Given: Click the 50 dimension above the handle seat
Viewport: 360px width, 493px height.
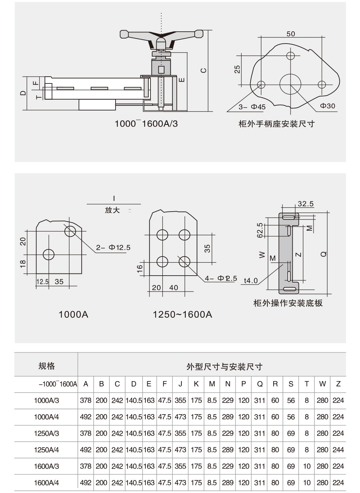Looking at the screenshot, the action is pos(291,34).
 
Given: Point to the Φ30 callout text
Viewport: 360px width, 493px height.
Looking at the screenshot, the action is pos(327,106).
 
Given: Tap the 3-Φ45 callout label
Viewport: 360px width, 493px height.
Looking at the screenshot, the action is pos(252,107).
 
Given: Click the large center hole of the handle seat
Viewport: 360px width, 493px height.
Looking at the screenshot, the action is pos(290,84).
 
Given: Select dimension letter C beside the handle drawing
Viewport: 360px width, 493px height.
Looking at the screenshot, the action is pos(204,71).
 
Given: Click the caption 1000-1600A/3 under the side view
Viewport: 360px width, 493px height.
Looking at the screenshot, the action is pos(146,124).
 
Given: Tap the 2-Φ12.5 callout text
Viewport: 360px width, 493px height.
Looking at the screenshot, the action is pos(113,248).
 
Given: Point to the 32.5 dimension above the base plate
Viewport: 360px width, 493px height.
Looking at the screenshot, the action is pos(306,204).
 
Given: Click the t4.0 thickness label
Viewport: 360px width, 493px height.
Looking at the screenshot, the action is pos(251,281).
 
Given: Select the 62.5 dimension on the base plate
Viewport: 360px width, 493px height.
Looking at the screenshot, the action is pos(260,230).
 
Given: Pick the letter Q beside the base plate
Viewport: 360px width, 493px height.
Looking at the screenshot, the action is pos(323,254).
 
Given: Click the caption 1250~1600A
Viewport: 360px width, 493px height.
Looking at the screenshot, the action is pos(182,315).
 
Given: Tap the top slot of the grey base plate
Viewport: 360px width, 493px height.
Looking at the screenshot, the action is pos(289,217).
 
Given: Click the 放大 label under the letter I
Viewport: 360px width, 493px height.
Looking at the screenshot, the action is pos(112,210).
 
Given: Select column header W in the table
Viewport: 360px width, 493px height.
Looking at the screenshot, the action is pos(322,384).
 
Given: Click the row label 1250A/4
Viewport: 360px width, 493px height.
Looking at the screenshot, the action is pos(46,450).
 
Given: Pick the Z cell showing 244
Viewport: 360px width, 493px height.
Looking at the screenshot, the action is pos(338,450).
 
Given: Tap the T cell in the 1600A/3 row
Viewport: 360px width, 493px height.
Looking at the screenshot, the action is pos(307,466).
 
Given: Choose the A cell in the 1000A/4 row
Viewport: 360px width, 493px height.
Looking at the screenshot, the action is pos(86,417).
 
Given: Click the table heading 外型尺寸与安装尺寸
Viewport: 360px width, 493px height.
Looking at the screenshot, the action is pos(224,367).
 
